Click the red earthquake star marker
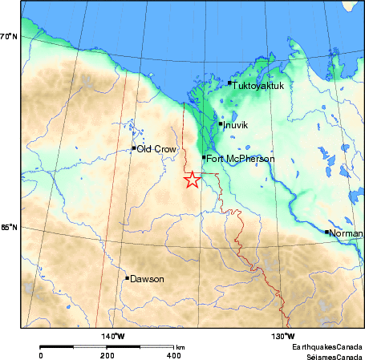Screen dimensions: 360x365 [x=192, y=180]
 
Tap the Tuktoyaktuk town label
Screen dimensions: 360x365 [x=258, y=83]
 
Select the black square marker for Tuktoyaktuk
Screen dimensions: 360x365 [x=229, y=83]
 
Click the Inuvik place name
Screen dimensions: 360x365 [x=237, y=125]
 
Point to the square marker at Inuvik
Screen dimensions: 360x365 [x=221, y=123]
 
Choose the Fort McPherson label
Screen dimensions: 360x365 [x=241, y=159]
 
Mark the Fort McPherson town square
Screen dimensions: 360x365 [x=204, y=158]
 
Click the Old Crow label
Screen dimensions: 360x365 [x=152, y=148]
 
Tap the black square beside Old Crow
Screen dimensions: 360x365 [x=133, y=148]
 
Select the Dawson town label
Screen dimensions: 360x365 [x=147, y=279]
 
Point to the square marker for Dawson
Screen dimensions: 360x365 [x=127, y=278]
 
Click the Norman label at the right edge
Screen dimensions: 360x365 [x=346, y=233]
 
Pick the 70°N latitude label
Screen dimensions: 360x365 [x=9, y=36]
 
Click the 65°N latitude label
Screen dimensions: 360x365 [x=9, y=228]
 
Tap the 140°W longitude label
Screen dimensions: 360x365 [x=112, y=336]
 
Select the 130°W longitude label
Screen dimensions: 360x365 [x=282, y=336]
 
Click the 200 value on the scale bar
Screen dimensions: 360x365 [x=107, y=354]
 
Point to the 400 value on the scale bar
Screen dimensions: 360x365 [x=172, y=354]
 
